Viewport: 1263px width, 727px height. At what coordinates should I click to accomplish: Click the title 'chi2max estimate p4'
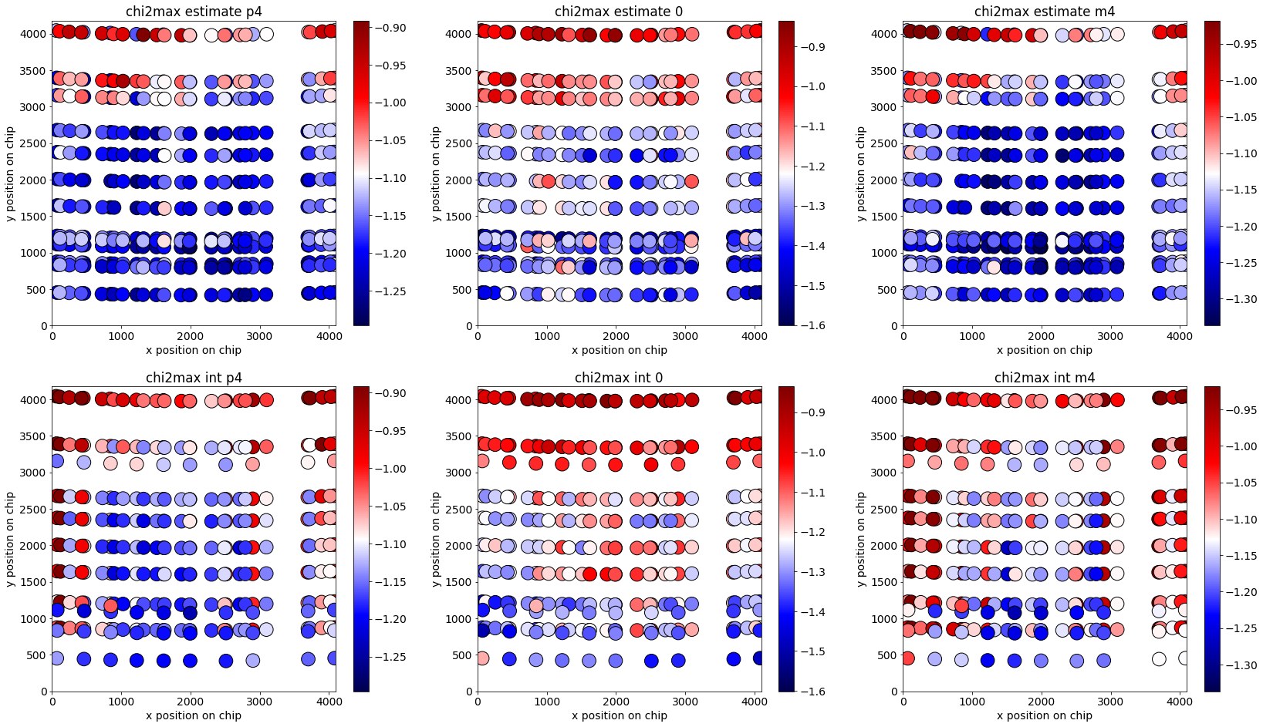[x=194, y=12]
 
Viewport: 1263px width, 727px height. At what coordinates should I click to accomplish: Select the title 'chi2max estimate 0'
[x=619, y=12]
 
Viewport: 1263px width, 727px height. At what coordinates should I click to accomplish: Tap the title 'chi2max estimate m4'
[x=1045, y=12]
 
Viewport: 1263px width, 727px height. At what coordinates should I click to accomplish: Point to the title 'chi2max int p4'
[x=194, y=378]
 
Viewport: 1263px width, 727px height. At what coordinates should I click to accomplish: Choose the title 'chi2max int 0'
[x=619, y=378]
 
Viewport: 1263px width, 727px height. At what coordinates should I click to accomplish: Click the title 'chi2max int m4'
[x=1045, y=378]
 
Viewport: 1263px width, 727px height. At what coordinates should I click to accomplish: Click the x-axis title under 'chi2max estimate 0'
[x=619, y=350]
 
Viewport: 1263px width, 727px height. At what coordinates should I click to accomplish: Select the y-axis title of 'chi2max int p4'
[x=10, y=538]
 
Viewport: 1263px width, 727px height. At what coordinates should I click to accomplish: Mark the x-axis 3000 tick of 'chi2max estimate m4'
[x=1110, y=336]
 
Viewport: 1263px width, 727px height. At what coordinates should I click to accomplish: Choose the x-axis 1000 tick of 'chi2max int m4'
[x=972, y=702]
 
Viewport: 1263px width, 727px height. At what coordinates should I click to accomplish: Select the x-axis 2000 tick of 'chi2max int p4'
[x=190, y=702]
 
